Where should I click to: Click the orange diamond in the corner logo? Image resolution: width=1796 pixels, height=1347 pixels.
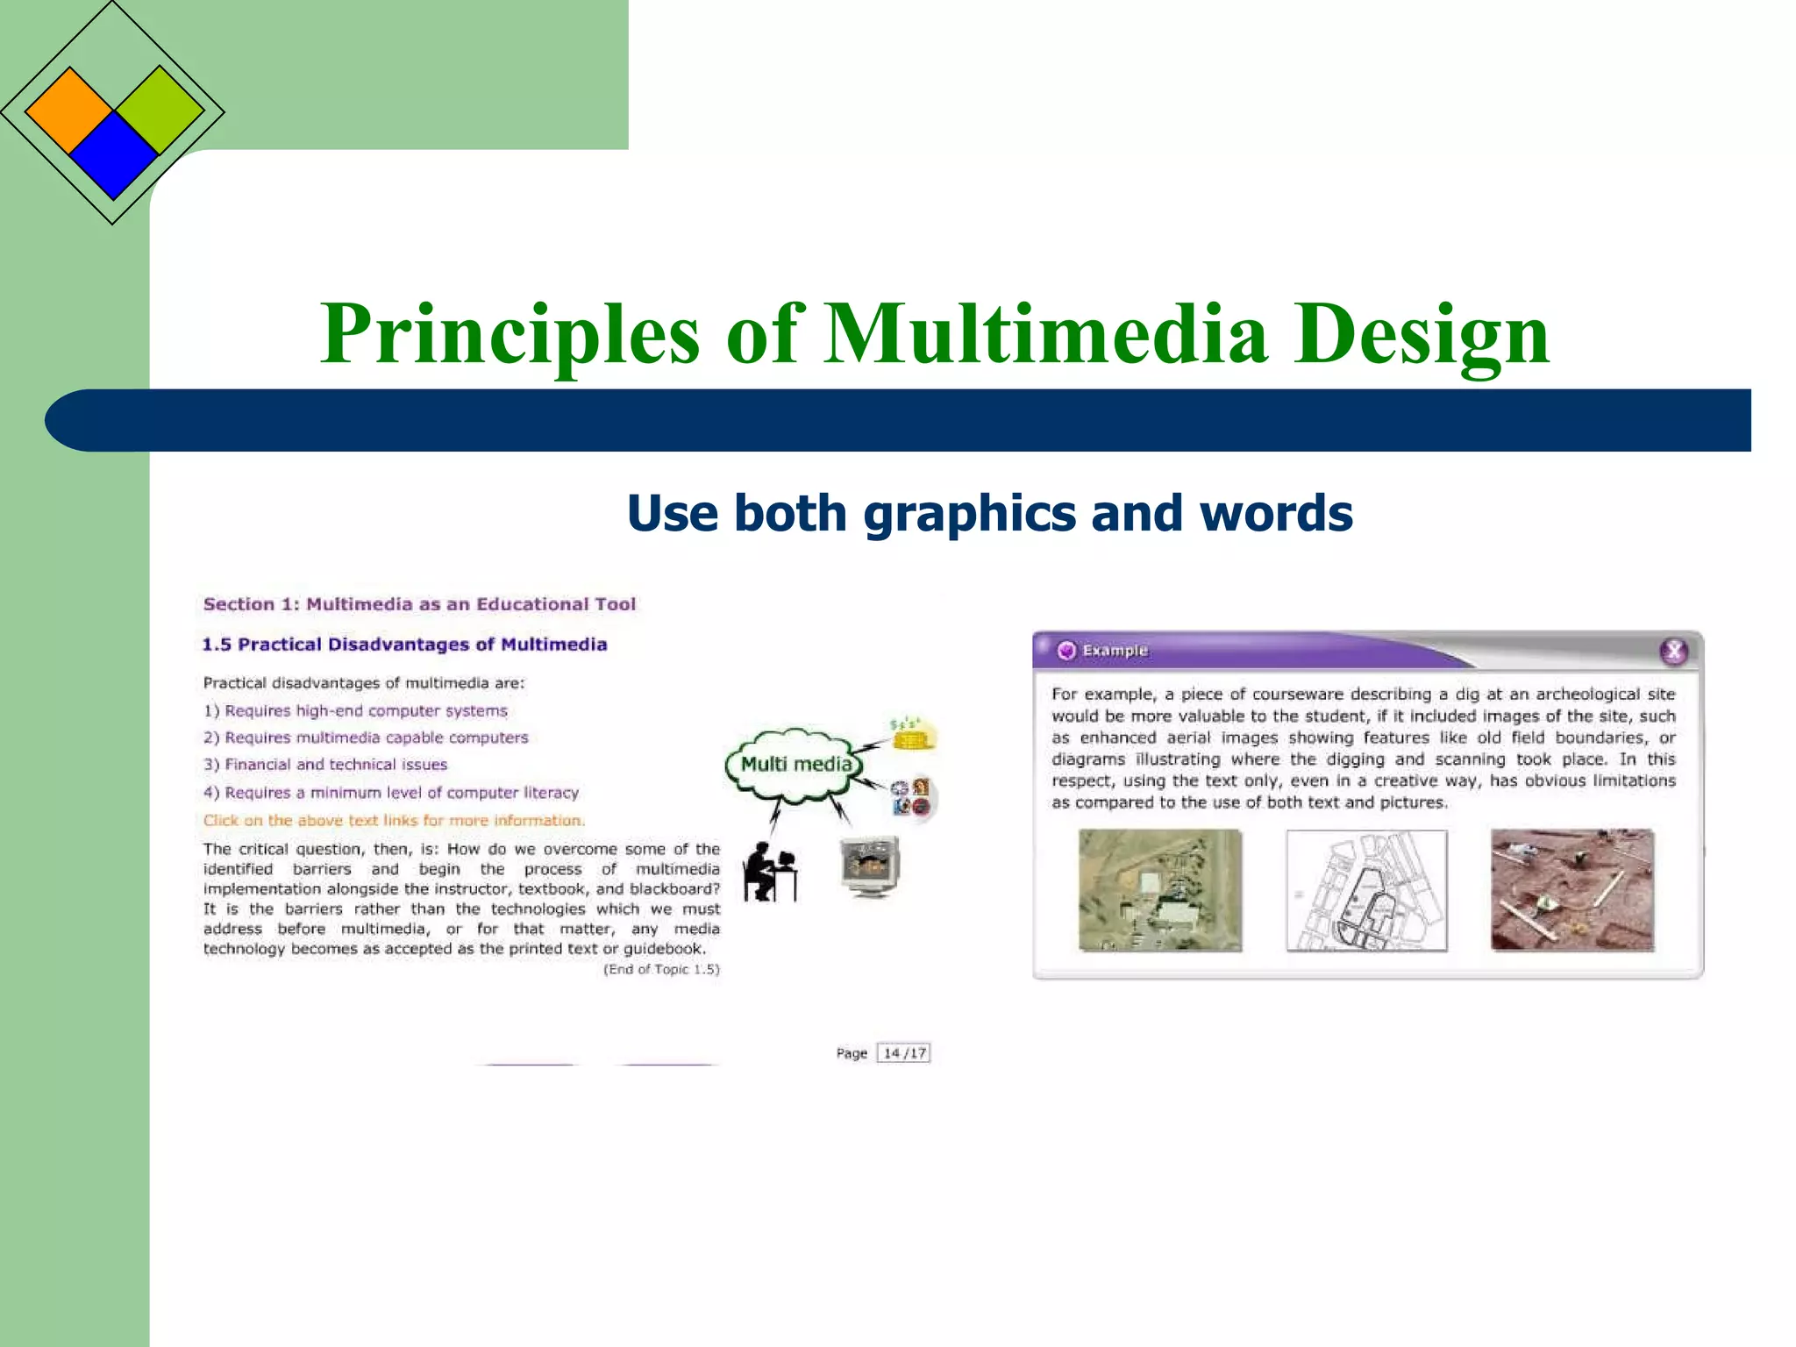pos(69,111)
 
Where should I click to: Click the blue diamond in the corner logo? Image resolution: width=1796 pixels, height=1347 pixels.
pos(113,156)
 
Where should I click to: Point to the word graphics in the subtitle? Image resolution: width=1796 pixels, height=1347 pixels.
pos(970,513)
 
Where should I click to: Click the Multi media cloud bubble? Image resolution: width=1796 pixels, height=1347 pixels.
pos(795,765)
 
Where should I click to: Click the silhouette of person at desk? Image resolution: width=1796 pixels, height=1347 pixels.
pos(769,872)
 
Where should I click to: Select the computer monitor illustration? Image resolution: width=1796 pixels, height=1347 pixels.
pos(870,866)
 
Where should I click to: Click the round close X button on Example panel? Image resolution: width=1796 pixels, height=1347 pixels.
pos(1673,651)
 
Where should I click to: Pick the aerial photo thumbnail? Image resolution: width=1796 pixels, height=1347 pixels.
pos(1160,890)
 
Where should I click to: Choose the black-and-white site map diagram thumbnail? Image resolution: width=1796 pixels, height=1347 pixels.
pos(1366,890)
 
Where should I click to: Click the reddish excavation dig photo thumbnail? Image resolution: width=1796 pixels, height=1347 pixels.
pos(1572,890)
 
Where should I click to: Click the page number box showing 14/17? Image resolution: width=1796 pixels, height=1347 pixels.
pos(904,1053)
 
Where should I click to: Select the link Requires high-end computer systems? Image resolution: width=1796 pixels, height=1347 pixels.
pos(366,711)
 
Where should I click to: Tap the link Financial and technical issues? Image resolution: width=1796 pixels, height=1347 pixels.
pos(336,765)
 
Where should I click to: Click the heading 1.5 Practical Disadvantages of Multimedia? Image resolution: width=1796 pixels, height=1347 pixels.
pos(404,645)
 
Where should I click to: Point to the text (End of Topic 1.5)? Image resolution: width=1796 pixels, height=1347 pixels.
pos(661,969)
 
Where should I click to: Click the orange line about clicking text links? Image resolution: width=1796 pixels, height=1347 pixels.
pos(394,821)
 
